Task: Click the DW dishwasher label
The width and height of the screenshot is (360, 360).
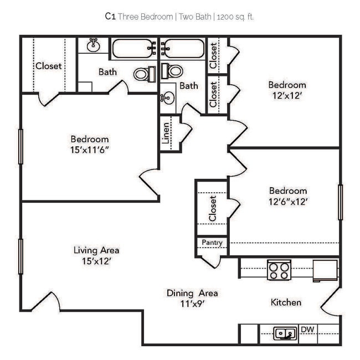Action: (x=307, y=330)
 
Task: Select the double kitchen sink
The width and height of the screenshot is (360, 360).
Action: (x=286, y=333)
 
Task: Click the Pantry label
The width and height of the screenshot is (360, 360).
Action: (x=212, y=243)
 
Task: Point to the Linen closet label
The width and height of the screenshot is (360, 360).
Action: (x=166, y=134)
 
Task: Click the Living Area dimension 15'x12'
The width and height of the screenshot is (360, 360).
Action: (x=96, y=261)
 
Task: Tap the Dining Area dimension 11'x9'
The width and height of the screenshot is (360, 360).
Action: (x=192, y=304)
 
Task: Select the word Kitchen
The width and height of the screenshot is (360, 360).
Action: (x=286, y=302)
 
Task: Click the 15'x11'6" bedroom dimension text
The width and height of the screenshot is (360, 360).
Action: (x=89, y=150)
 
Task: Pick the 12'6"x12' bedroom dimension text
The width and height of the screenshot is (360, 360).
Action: (x=287, y=202)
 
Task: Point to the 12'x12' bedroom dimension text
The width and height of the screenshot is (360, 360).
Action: (x=287, y=96)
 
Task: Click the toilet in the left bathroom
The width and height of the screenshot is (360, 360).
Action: (x=145, y=74)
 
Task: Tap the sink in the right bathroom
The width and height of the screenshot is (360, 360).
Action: (x=167, y=99)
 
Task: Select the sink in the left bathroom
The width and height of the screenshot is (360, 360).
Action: (x=94, y=44)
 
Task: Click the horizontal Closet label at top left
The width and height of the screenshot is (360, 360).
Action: (x=49, y=65)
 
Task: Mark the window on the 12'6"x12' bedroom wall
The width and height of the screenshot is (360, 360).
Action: (x=340, y=202)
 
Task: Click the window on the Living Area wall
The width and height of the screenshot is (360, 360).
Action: (x=21, y=256)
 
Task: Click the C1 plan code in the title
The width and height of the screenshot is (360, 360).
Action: (x=110, y=17)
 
